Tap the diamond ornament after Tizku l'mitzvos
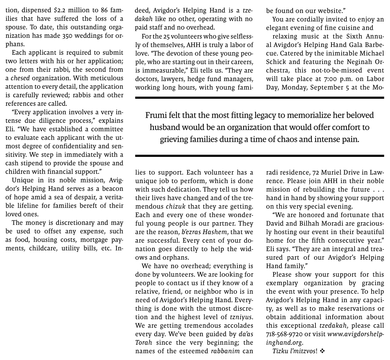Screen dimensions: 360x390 pyautogui.click(x=322, y=351)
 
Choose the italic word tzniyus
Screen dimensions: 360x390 pyautogui.click(x=241, y=317)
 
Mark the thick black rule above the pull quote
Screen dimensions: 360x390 pyautogui.click(x=259, y=98)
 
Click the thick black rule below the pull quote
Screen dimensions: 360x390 pyautogui.click(x=259, y=156)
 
